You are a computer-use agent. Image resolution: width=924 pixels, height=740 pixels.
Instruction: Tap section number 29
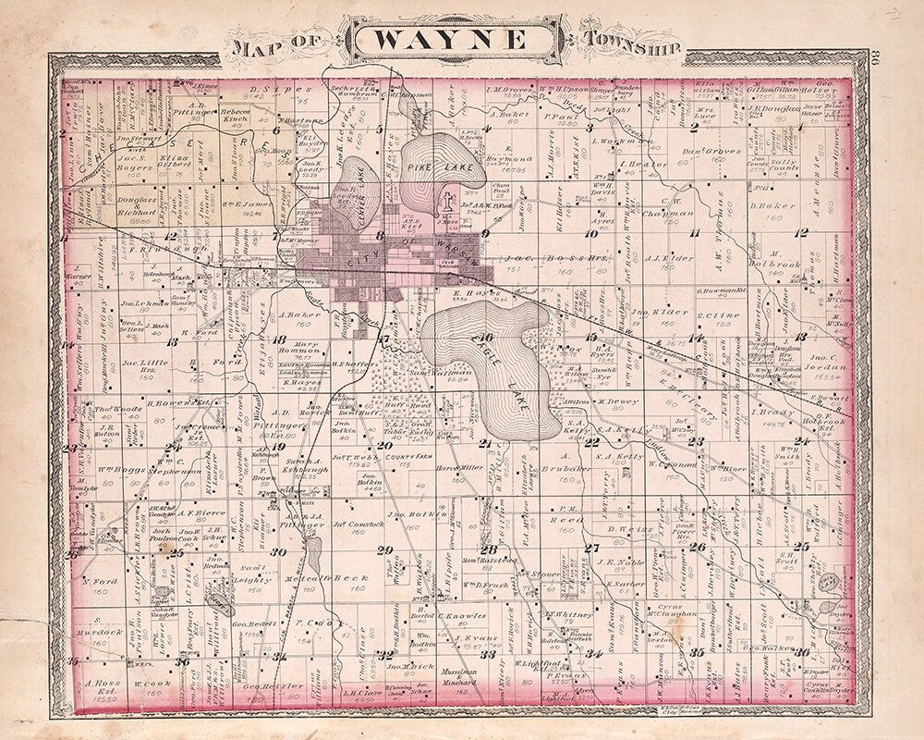[x=385, y=549]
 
